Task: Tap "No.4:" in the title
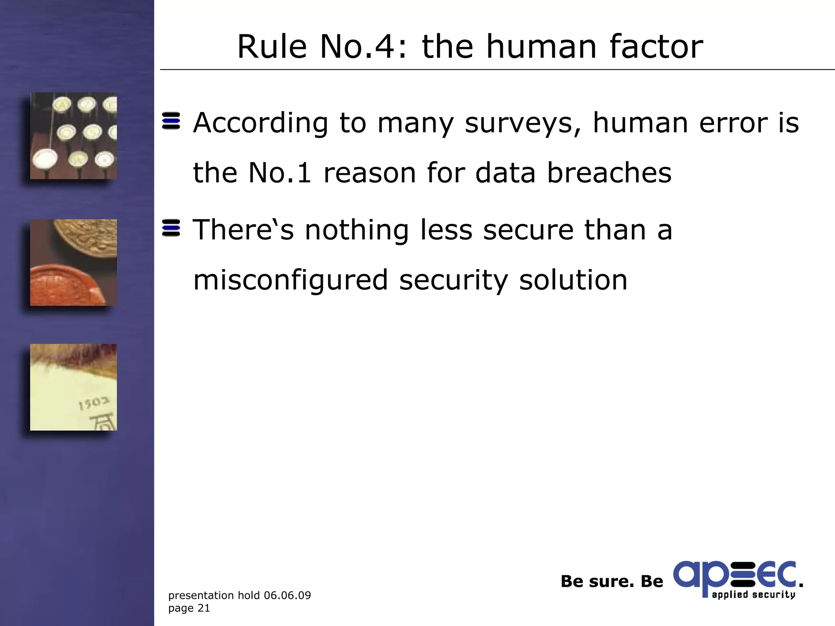363,47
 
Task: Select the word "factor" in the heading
656,47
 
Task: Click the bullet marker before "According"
171,121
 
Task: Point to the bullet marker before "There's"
171,228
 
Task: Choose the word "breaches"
609,173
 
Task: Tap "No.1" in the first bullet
280,173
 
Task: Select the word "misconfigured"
290,281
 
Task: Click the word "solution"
573,280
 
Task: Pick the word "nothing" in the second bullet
357,230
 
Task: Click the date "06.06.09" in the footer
287,595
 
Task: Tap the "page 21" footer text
189,608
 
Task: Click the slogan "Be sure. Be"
612,582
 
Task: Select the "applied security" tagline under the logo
753,595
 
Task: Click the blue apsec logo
734,575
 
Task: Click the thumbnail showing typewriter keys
73,136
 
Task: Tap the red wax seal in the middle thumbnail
65,285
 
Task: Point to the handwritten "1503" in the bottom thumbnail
94,403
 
